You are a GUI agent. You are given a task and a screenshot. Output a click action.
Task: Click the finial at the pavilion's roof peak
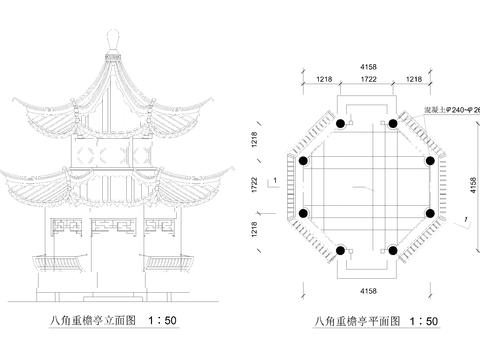click(x=113, y=37)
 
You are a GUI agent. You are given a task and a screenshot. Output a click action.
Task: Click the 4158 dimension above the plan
click(x=367, y=65)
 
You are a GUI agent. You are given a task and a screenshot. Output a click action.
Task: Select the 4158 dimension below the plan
click(x=367, y=290)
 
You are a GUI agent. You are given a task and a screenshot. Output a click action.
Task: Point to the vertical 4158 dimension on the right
click(x=472, y=185)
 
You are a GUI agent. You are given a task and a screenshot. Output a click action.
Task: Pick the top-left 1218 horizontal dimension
click(x=324, y=78)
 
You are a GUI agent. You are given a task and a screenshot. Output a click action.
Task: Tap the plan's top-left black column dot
click(x=341, y=123)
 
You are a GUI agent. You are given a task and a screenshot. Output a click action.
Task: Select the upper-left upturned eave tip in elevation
click(x=13, y=99)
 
